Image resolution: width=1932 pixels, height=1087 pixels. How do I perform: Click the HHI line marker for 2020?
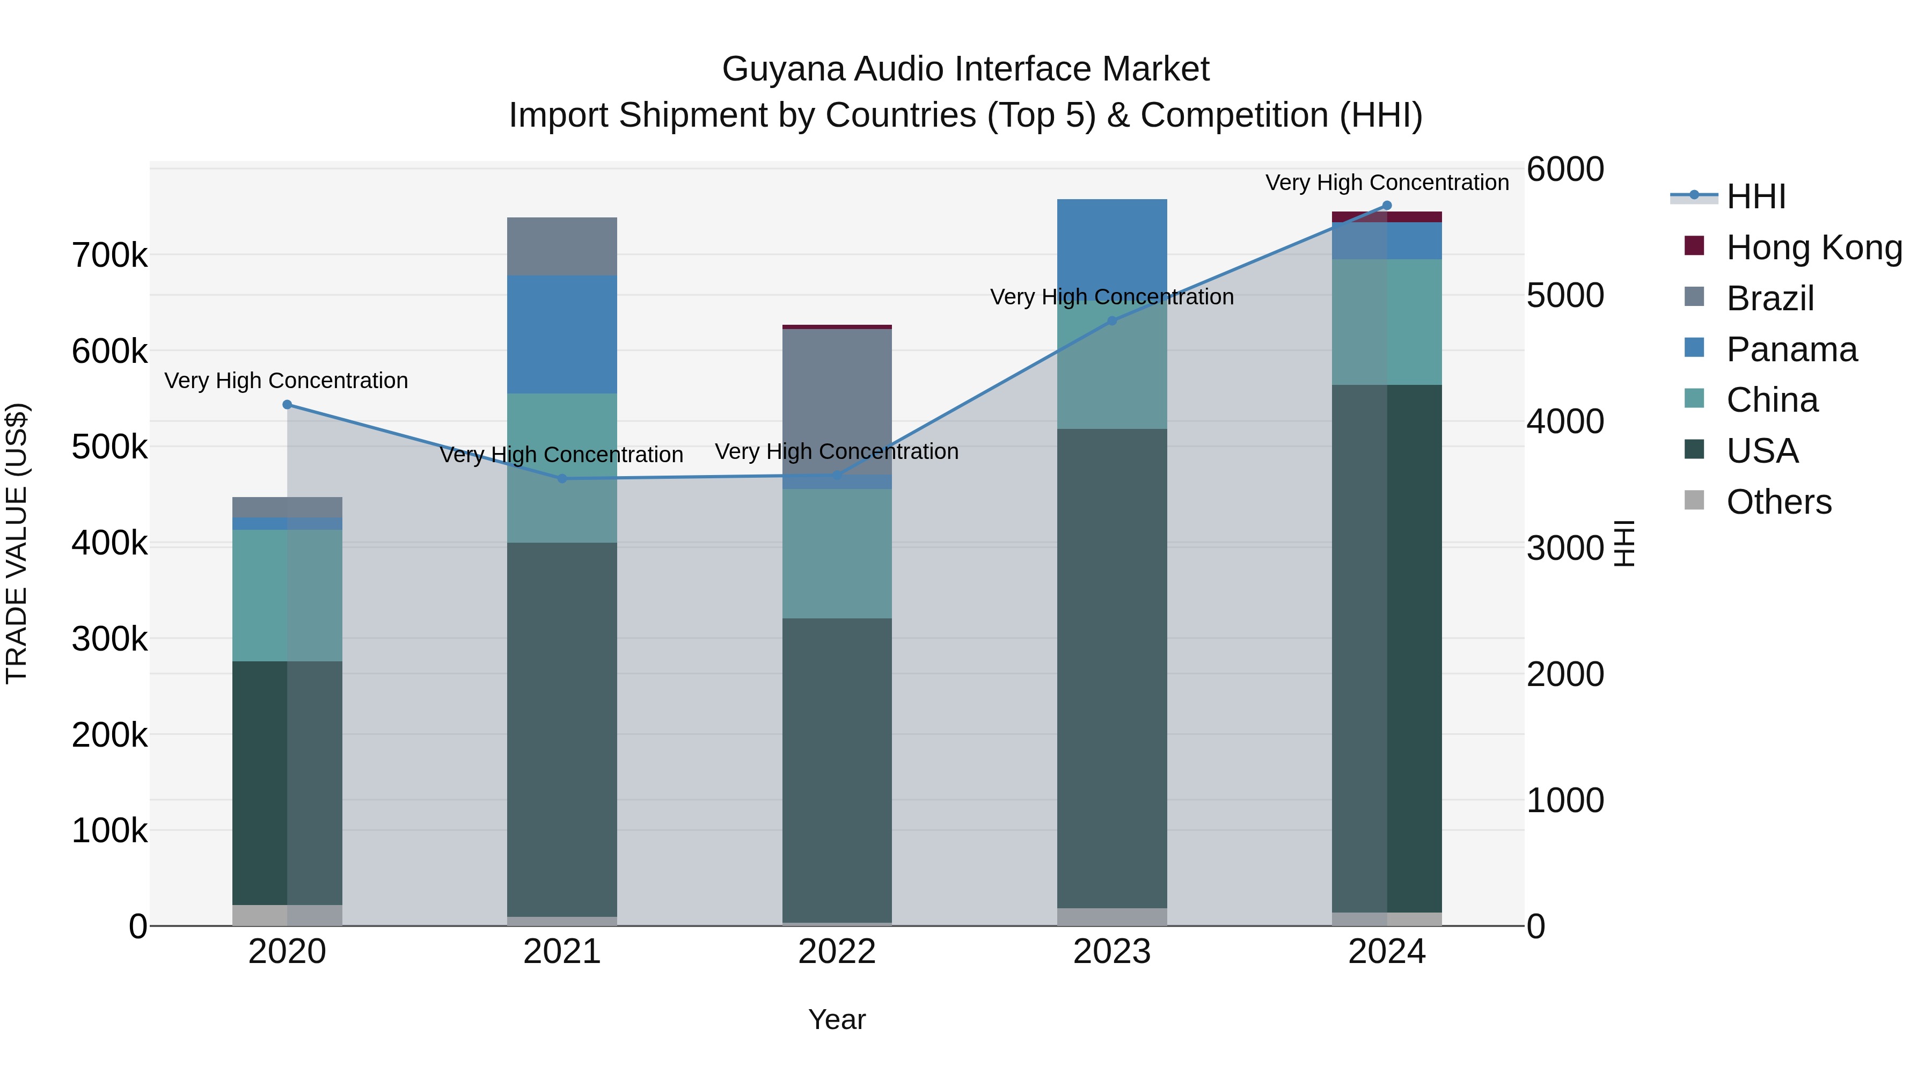pyautogui.click(x=287, y=404)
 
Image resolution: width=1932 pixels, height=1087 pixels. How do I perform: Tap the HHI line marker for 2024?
pyautogui.click(x=1387, y=206)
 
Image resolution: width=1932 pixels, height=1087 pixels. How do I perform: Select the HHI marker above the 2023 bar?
pyautogui.click(x=1113, y=321)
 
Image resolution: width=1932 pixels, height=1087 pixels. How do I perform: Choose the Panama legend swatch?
pyautogui.click(x=1694, y=348)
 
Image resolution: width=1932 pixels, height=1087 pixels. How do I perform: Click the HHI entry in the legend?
pyautogui.click(x=1755, y=196)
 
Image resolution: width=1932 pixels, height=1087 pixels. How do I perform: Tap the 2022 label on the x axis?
pyautogui.click(x=837, y=952)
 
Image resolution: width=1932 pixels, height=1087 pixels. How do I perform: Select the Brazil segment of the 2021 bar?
pyautogui.click(x=562, y=246)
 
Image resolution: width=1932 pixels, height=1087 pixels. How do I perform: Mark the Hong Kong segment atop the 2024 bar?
pyautogui.click(x=1387, y=217)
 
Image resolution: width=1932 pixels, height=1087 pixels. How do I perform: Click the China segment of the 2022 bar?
pyautogui.click(x=837, y=553)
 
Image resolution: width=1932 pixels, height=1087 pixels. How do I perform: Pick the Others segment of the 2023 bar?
pyautogui.click(x=1113, y=917)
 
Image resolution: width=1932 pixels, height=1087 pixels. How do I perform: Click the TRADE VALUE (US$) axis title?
pyautogui.click(x=17, y=543)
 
